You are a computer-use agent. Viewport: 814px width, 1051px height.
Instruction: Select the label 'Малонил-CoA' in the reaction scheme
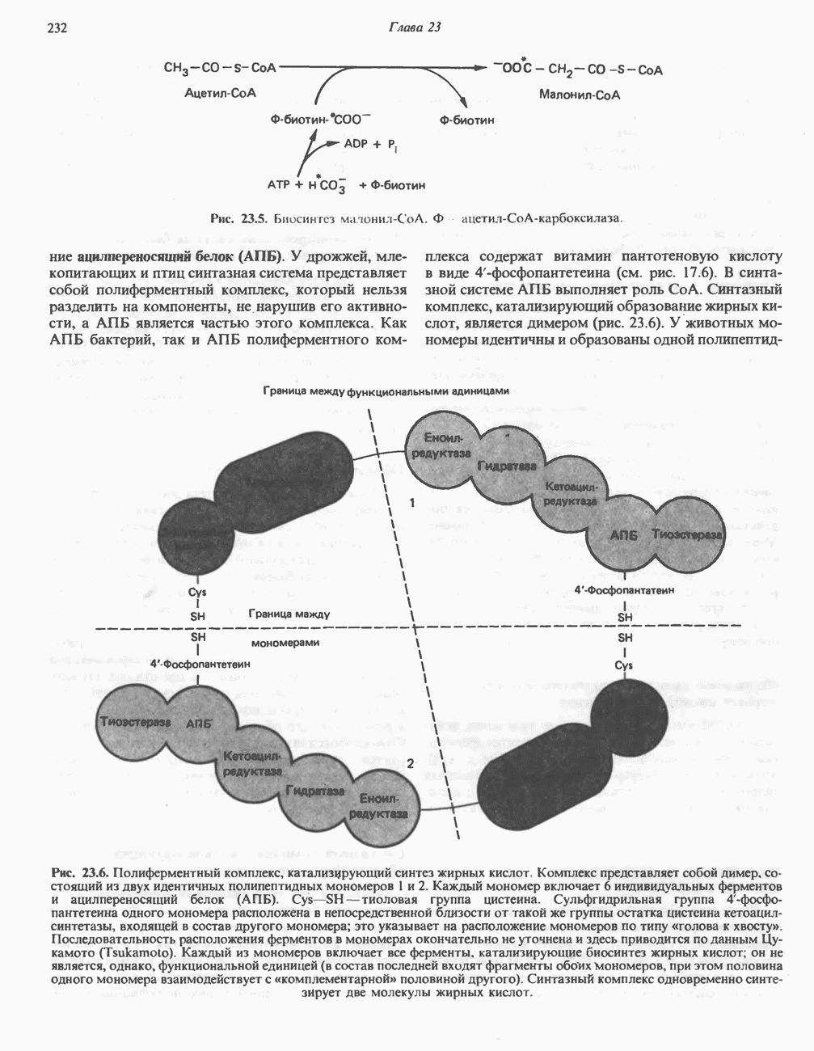pos(580,95)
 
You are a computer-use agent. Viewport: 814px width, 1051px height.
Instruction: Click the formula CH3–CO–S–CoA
pos(220,69)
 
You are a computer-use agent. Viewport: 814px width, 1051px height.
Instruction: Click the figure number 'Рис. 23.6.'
pos(79,873)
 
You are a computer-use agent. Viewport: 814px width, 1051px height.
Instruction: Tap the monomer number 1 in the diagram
pos(411,503)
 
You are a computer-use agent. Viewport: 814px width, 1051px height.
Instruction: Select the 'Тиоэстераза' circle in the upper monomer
pos(687,534)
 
